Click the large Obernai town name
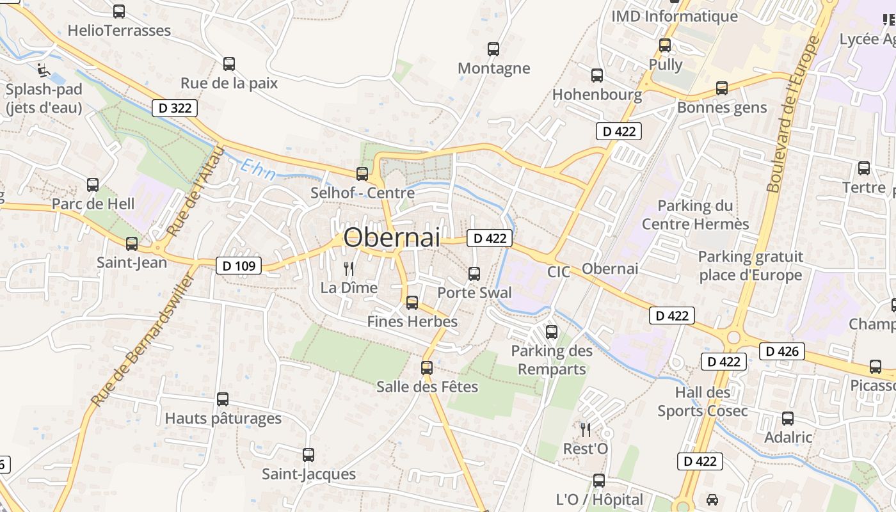(392, 237)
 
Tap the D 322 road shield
(175, 108)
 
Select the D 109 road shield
(239, 265)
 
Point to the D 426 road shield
(782, 351)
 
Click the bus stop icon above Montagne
(493, 49)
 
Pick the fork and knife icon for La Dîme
(349, 269)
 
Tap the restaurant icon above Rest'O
(585, 429)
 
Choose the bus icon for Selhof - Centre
(362, 174)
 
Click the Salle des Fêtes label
(427, 387)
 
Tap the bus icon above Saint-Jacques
(308, 455)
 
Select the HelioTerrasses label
(119, 30)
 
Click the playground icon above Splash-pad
(43, 70)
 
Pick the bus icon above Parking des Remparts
(551, 332)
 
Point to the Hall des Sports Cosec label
(702, 401)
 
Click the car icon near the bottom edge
(712, 499)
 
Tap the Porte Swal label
(474, 292)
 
